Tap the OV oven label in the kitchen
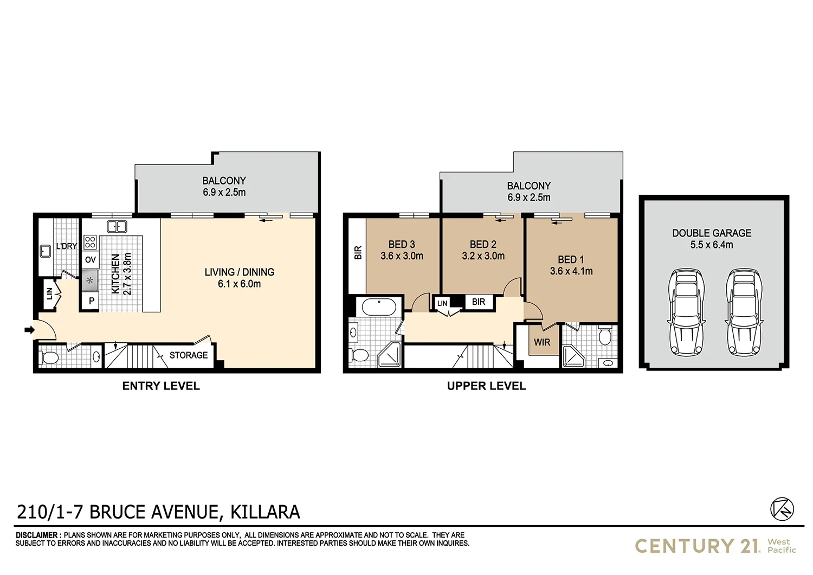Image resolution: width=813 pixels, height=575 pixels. pos(90,260)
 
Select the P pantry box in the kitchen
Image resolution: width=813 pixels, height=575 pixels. pos(91,301)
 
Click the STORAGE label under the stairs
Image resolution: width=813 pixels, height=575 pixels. pos(188,355)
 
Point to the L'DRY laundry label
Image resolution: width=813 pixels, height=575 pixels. pos(67,246)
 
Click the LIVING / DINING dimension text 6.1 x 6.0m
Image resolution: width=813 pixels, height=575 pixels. pos(239,284)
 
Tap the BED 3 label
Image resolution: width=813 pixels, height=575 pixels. pos(402,245)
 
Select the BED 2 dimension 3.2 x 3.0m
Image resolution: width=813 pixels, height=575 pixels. pos(483,256)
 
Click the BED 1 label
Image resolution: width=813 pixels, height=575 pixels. pos(571,260)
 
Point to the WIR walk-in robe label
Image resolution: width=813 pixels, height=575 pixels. pos(542,342)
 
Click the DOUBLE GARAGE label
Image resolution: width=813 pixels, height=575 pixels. pos(712,233)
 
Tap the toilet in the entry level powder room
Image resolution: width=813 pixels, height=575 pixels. pos(49,357)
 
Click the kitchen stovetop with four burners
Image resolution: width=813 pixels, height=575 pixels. pos(91,242)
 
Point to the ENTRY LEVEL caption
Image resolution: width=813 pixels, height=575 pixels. pos(161,386)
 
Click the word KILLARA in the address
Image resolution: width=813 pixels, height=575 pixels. pos(265,512)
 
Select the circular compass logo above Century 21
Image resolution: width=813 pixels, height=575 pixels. pos(782,509)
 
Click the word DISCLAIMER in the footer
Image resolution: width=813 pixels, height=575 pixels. pos(38,535)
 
